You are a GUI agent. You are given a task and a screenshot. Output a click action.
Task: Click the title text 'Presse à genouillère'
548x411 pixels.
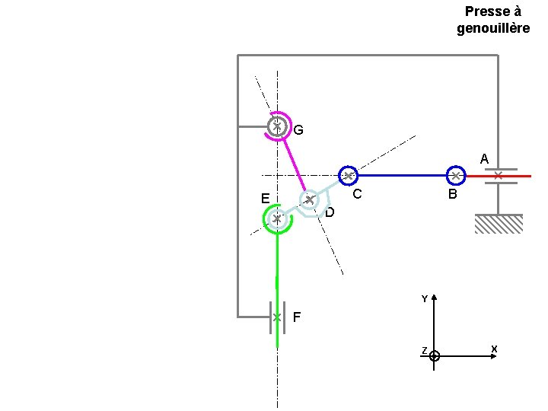493,20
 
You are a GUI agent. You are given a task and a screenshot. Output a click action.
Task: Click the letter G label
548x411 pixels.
298,130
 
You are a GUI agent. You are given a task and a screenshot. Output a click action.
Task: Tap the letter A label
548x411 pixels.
484,160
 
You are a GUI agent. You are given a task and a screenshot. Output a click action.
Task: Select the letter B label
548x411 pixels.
452,195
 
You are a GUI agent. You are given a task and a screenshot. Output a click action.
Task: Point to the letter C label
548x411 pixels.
355,195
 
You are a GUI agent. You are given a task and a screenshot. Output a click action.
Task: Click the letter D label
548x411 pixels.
330,212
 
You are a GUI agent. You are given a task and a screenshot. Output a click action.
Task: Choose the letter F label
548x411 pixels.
296,317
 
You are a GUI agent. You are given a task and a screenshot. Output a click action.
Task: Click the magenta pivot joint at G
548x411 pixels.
278,126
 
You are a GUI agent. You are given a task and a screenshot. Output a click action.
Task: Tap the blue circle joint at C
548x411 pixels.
348,176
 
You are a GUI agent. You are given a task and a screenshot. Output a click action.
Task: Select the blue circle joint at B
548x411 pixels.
455,176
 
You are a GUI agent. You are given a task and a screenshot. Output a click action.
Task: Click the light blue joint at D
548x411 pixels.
310,200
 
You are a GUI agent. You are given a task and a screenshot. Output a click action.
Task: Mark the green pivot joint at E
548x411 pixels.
277,219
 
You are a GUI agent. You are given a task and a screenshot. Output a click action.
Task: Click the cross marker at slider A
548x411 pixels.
498,176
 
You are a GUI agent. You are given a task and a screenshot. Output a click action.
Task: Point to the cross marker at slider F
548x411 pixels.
277,317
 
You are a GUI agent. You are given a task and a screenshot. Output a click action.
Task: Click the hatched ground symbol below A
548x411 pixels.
499,224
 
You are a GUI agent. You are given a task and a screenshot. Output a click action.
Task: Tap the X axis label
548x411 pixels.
494,349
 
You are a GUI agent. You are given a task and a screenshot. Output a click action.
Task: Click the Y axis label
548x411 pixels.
425,299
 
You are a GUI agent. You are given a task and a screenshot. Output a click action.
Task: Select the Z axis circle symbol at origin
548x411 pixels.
434,355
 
